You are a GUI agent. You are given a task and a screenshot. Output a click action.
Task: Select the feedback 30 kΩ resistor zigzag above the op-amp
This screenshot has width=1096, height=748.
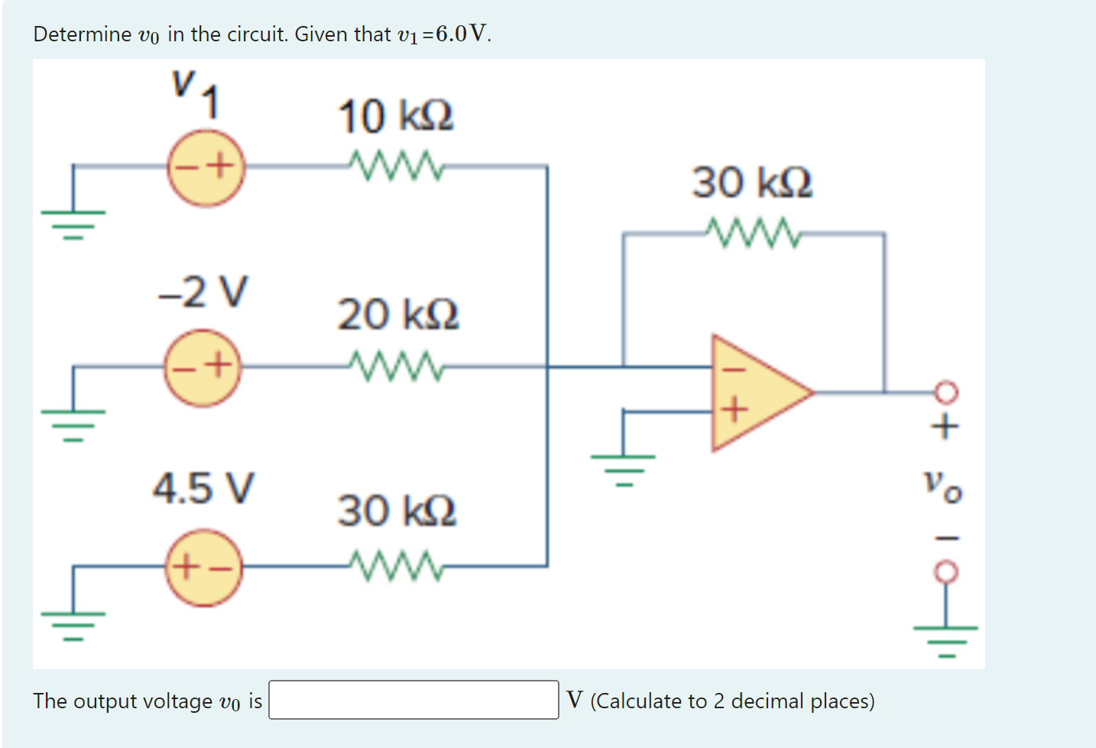tap(753, 233)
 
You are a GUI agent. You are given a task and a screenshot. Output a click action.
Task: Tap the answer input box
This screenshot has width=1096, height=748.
tap(413, 700)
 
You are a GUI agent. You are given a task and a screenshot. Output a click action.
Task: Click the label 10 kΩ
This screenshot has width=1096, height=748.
tap(396, 116)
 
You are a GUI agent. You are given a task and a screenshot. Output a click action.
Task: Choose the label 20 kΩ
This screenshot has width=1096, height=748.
tap(398, 314)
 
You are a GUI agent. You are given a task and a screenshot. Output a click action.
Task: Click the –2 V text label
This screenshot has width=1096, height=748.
tap(203, 291)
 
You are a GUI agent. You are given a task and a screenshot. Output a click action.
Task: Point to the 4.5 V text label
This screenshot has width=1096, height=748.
tap(203, 488)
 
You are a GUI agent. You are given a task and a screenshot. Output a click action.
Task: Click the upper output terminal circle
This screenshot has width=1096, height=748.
tap(945, 393)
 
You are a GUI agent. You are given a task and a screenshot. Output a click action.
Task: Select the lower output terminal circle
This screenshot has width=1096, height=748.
tap(945, 571)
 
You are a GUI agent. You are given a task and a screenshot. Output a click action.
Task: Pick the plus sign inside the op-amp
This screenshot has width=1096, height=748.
tap(734, 411)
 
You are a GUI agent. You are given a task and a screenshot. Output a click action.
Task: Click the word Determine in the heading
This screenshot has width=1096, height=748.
tap(83, 34)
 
